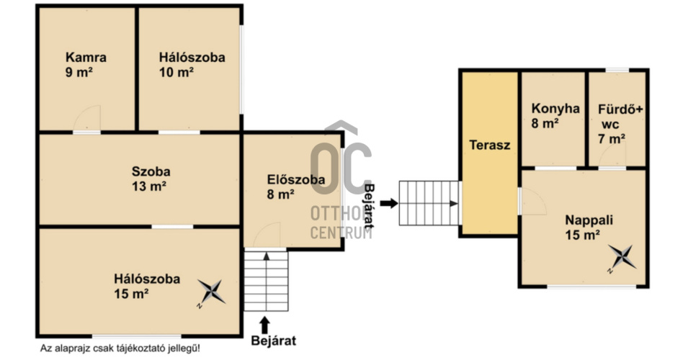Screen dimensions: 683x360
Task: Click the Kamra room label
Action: pyautogui.click(x=86, y=57)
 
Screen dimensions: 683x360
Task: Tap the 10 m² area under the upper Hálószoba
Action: pyautogui.click(x=177, y=72)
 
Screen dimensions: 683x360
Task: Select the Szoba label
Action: pyautogui.click(x=151, y=171)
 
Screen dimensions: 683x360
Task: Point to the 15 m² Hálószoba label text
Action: pyautogui.click(x=147, y=279)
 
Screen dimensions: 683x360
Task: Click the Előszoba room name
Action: pyautogui.click(x=296, y=179)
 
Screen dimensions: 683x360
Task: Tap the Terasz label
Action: pyautogui.click(x=490, y=145)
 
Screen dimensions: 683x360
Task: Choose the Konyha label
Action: pyautogui.click(x=555, y=109)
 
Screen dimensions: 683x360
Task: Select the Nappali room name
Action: pyautogui.click(x=589, y=220)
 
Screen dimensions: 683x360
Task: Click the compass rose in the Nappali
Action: pyautogui.click(x=622, y=258)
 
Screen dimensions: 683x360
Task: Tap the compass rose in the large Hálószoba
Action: pyautogui.click(x=212, y=292)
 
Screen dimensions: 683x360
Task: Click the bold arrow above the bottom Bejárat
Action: pyautogui.click(x=264, y=325)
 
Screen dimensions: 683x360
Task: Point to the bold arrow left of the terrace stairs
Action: pyautogui.click(x=389, y=203)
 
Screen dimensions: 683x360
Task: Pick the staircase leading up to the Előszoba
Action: pyautogui.click(x=266, y=280)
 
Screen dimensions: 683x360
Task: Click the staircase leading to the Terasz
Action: pyautogui.click(x=429, y=203)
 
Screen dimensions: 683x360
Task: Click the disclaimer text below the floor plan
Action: pyautogui.click(x=120, y=348)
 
